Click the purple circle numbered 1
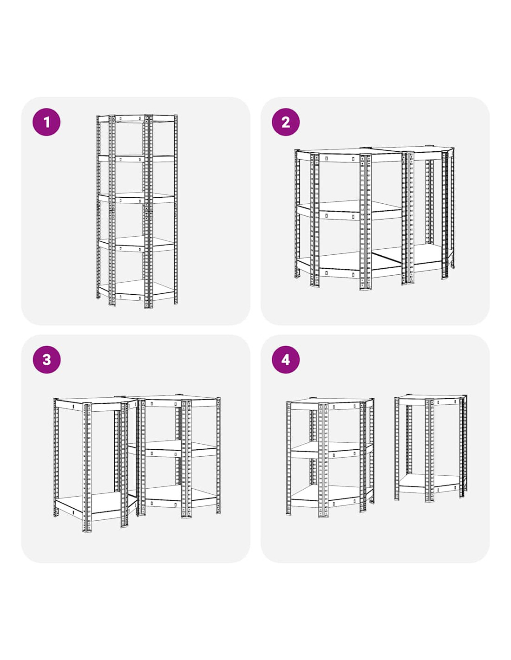46,122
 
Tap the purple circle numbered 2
286,122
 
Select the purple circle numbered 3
46,360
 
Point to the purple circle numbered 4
286,360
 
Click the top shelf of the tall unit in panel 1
137,118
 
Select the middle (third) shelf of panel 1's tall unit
137,198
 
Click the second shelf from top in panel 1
137,158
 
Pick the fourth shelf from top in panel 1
137,244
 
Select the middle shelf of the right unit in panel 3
173,450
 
